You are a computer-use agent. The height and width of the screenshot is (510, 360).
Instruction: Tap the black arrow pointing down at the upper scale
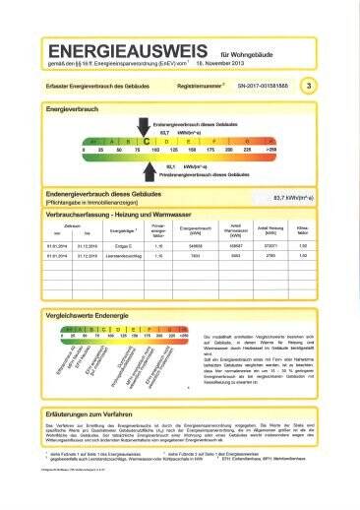point(146,127)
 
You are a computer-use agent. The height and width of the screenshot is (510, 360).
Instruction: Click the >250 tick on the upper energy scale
point(271,152)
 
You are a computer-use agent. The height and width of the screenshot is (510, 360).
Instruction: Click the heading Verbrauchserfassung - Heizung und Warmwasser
point(127,214)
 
